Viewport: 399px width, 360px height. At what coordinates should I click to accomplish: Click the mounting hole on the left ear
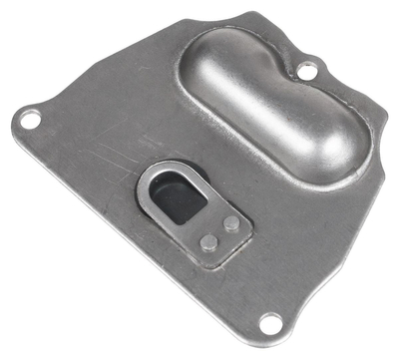pos(30,120)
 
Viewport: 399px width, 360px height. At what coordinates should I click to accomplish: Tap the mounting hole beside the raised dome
pos(309,71)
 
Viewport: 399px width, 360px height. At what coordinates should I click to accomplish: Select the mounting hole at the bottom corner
pos(268,321)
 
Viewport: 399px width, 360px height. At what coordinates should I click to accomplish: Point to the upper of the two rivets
pos(231,223)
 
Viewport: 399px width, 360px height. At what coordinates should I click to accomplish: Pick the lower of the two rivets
pos(207,241)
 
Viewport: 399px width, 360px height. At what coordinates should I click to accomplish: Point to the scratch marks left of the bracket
pos(105,160)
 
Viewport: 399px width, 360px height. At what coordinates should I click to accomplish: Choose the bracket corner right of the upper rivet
pos(248,221)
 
